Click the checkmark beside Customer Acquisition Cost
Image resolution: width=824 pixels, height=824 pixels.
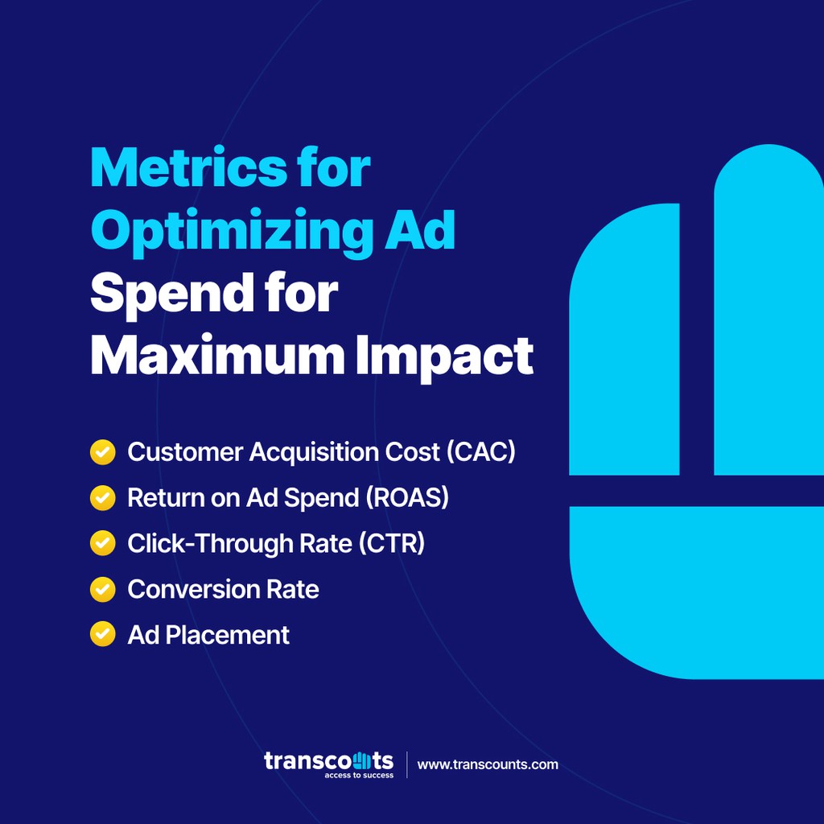click(x=102, y=452)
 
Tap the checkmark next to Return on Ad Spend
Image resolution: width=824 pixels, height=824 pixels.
click(x=102, y=498)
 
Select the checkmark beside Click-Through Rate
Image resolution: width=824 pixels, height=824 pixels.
click(x=102, y=544)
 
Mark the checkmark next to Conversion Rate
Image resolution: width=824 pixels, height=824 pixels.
click(x=102, y=589)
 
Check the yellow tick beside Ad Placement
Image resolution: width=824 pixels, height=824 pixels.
click(x=102, y=635)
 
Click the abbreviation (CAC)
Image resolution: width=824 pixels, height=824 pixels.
click(x=480, y=452)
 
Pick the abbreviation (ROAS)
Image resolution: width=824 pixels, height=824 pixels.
click(x=408, y=498)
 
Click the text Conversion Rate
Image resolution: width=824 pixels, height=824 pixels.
click(x=223, y=589)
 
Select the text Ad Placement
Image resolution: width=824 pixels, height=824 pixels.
click(x=208, y=635)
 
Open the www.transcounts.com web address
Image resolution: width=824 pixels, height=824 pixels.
click(x=488, y=764)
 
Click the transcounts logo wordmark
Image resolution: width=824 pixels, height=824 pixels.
click(x=328, y=760)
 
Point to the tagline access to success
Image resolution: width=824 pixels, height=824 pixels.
click(x=359, y=776)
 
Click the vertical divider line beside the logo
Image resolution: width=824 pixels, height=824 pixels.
click(x=406, y=764)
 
